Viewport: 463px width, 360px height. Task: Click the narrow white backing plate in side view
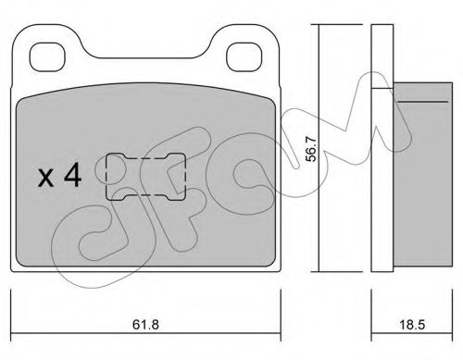tap(377, 148)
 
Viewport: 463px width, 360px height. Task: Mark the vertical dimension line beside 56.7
tap(319, 148)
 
